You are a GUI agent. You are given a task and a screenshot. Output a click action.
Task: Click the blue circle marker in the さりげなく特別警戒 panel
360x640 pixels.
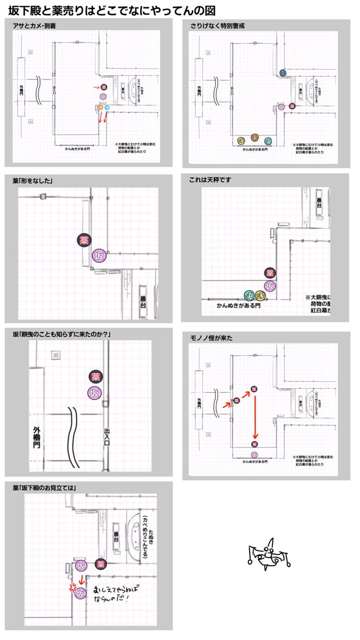pos(282,73)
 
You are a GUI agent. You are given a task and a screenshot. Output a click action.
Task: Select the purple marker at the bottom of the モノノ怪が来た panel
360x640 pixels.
pos(254,454)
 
